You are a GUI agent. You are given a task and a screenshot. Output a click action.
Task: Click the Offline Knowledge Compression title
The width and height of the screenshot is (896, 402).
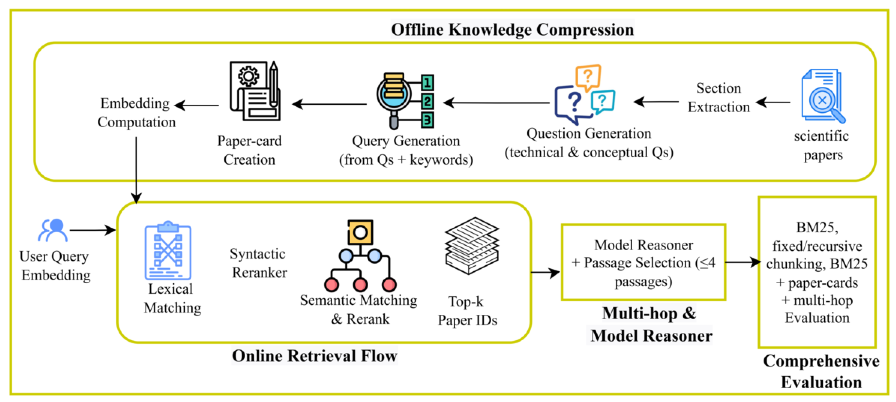pyautogui.click(x=512, y=30)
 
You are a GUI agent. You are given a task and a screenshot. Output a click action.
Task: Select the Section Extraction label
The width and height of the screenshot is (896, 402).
pyautogui.click(x=718, y=97)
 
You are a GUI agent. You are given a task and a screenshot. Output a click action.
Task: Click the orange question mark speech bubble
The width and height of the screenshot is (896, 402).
pyautogui.click(x=588, y=77)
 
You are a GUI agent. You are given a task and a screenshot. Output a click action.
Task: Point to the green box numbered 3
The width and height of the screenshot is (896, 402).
pyautogui.click(x=427, y=120)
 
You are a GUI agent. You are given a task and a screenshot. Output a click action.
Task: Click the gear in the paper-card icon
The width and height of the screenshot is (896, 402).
pyautogui.click(x=248, y=76)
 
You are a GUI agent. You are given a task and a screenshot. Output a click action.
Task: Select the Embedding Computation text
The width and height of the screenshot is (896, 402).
pyautogui.click(x=136, y=112)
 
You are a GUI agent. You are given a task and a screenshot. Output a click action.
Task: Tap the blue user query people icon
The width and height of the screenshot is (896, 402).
pyautogui.click(x=53, y=230)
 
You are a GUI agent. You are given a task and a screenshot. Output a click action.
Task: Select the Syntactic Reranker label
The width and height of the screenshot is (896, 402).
pyautogui.click(x=258, y=263)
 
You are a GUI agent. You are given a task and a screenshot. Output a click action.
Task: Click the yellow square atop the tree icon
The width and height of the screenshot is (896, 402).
pyautogui.click(x=360, y=232)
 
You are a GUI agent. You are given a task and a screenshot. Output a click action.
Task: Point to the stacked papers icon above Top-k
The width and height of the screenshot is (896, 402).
pyautogui.click(x=472, y=245)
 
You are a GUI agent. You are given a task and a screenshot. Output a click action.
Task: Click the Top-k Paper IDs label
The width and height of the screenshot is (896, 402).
pyautogui.click(x=467, y=310)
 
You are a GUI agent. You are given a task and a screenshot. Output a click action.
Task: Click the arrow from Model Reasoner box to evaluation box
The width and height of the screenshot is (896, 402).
pyautogui.click(x=742, y=262)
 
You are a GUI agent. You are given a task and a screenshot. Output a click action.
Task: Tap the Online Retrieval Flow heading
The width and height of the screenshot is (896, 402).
pyautogui.click(x=314, y=356)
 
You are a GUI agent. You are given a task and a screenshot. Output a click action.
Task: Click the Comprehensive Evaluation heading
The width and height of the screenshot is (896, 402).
pyautogui.click(x=821, y=371)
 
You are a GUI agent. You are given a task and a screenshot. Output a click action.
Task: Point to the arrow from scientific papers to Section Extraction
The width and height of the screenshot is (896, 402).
pyautogui.click(x=773, y=102)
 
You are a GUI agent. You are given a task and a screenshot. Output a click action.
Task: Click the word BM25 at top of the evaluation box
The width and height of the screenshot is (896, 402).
pyautogui.click(x=817, y=227)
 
